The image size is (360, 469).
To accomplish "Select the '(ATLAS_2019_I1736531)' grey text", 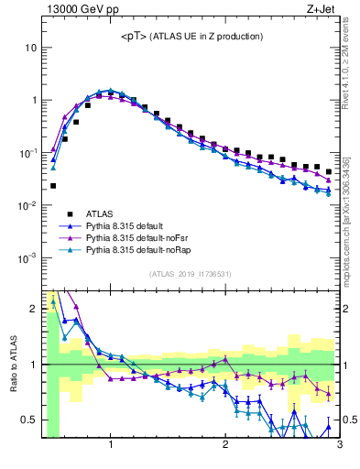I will coord(190,274).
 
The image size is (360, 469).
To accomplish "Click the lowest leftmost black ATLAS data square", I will coord(52,186).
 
